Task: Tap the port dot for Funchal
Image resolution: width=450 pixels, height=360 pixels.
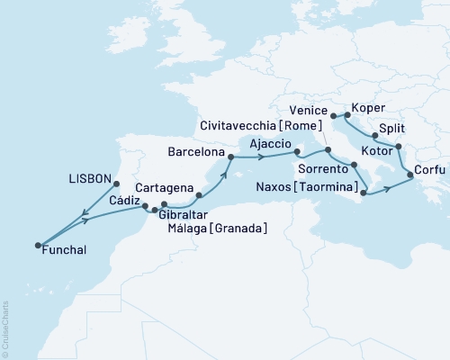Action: [x=38, y=245]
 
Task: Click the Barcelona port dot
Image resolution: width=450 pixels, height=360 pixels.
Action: [x=230, y=158]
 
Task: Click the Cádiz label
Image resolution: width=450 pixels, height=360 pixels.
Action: [x=123, y=203]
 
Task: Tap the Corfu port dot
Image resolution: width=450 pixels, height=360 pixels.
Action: [x=411, y=175]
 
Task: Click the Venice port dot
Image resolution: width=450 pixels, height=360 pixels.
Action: [x=334, y=116]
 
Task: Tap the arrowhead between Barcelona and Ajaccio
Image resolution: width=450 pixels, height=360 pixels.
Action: [x=261, y=157]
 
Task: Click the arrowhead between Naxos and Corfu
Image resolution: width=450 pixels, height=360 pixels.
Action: [x=388, y=188]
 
